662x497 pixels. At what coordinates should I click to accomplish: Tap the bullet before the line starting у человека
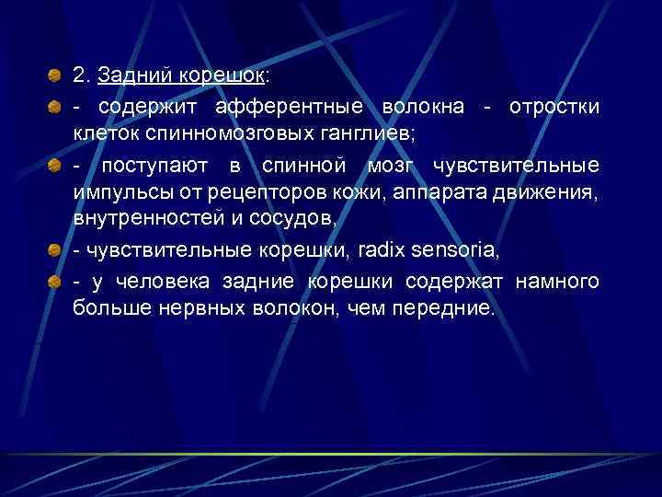click(56, 282)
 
